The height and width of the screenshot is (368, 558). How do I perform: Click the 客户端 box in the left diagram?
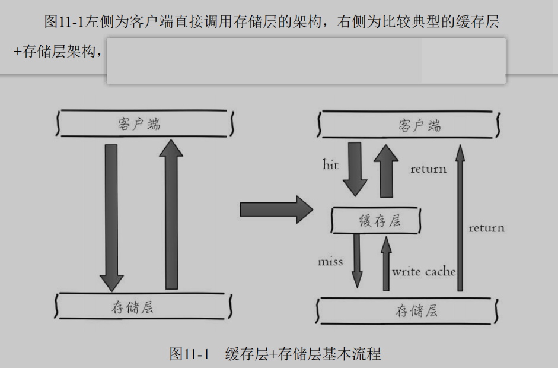[143, 124]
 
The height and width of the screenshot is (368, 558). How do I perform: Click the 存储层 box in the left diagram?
[143, 307]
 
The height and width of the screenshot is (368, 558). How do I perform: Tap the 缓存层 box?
[376, 221]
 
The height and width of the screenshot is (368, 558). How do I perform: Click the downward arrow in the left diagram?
[111, 217]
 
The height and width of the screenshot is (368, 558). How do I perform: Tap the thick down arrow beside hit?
[356, 169]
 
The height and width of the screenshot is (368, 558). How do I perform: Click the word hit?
[330, 164]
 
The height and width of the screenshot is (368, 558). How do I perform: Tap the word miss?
[330, 261]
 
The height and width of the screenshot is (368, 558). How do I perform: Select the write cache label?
[424, 272]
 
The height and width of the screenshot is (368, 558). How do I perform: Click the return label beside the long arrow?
[486, 228]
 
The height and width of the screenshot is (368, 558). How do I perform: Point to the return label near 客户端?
[428, 169]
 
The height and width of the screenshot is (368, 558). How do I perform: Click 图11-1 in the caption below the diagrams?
[190, 354]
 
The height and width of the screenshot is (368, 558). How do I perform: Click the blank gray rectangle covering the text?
[306, 61]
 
